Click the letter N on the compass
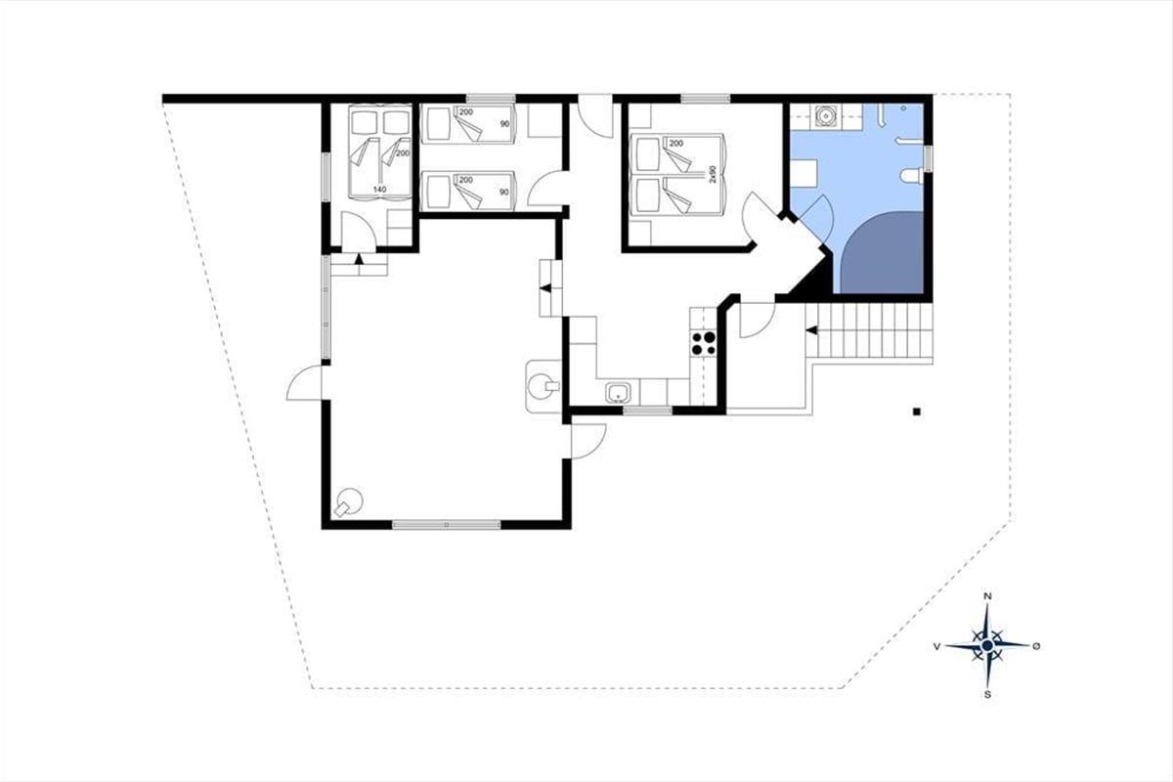pyautogui.click(x=987, y=596)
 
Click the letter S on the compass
pyautogui.click(x=987, y=695)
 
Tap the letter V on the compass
pyautogui.click(x=936, y=647)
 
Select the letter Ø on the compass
pyautogui.click(x=1036, y=647)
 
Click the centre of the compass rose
pyautogui.click(x=987, y=645)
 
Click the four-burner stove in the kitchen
pyautogui.click(x=704, y=343)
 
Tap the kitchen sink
pyautogui.click(x=619, y=392)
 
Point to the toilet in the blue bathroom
pyautogui.click(x=912, y=176)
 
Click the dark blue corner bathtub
pyautogui.click(x=882, y=252)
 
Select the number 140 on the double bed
pyautogui.click(x=380, y=189)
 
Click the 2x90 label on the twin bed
pyautogui.click(x=713, y=174)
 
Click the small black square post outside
pyautogui.click(x=917, y=413)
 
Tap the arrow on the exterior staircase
pyautogui.click(x=811, y=330)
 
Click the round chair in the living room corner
pyautogui.click(x=349, y=502)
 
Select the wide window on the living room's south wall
pyautogui.click(x=446, y=524)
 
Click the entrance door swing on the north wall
pyautogui.click(x=595, y=116)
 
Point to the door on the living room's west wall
pyautogui.click(x=304, y=383)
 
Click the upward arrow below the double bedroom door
pyautogui.click(x=359, y=258)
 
